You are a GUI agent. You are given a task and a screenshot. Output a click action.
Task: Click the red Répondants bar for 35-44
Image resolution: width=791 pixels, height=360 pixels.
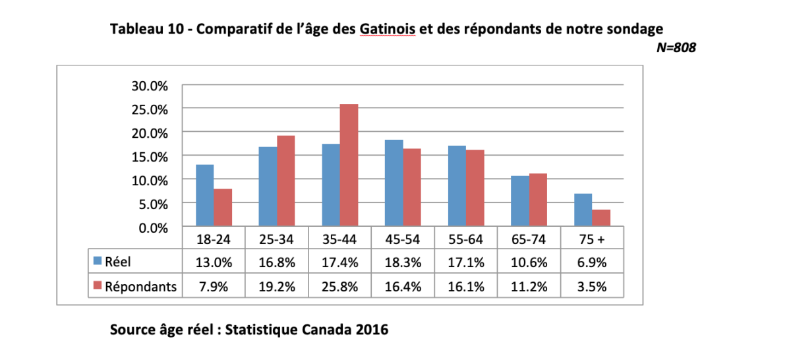[349, 165]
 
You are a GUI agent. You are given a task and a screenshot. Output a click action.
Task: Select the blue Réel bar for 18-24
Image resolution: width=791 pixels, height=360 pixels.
[205, 195]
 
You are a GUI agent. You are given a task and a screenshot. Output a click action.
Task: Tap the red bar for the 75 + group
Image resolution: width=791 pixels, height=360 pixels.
[601, 218]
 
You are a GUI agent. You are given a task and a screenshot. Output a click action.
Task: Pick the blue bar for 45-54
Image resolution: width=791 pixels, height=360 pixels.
[394, 183]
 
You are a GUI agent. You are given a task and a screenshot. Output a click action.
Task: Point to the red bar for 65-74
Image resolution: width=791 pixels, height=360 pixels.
[538, 200]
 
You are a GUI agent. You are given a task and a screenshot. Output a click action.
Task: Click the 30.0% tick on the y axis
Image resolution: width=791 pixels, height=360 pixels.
[150, 86]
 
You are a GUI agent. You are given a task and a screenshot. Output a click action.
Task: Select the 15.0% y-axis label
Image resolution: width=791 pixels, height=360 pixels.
[150, 157]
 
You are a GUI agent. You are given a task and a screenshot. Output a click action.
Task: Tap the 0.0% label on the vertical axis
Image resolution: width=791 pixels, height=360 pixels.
[153, 228]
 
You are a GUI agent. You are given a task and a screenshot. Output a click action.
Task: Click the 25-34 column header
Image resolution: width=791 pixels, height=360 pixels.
[276, 239]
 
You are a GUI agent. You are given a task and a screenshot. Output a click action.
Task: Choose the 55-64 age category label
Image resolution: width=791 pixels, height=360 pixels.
[466, 239]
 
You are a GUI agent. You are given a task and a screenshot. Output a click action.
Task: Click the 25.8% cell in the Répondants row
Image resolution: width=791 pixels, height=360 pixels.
[339, 287]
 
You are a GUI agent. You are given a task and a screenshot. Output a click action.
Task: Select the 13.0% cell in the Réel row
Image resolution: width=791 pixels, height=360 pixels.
[214, 262]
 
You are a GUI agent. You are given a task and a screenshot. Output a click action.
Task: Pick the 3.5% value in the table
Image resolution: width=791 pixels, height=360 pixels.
[592, 287]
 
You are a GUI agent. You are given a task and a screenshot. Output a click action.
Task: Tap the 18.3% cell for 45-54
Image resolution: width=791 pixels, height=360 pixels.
[403, 262]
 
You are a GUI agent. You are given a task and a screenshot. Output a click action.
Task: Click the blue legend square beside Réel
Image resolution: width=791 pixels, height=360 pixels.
[98, 261]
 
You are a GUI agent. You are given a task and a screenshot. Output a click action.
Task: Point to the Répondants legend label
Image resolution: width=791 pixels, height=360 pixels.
[140, 287]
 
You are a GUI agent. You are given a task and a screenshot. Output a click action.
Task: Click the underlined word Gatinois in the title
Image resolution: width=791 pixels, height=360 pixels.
[388, 28]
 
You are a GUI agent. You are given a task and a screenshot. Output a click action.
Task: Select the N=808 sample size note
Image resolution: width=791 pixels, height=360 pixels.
[676, 47]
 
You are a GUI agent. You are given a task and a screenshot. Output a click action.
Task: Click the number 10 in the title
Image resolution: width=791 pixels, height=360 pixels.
[175, 28]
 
